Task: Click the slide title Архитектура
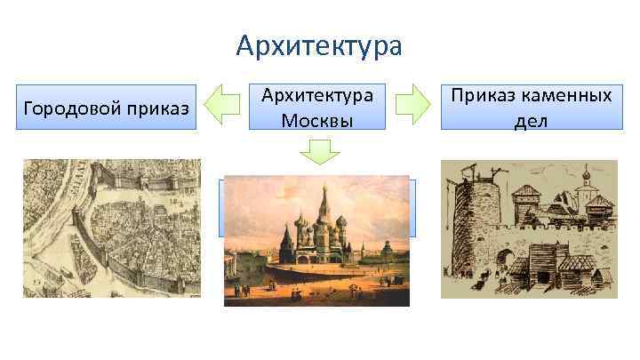coord(319,44)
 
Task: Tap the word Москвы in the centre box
coord(317,119)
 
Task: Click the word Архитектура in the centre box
coord(317,95)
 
